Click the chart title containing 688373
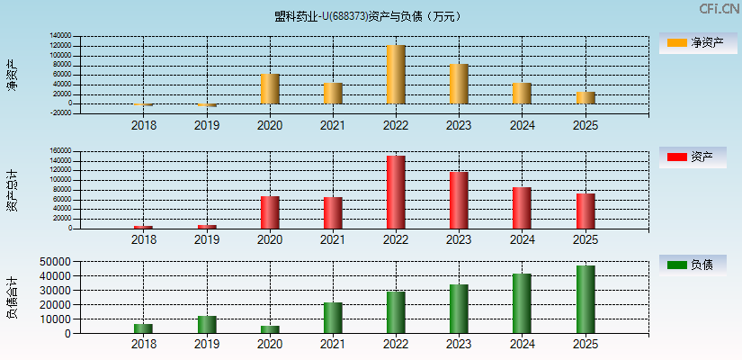pyautogui.click(x=370, y=16)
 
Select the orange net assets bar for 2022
pyautogui.click(x=396, y=75)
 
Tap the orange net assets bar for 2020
pyautogui.click(x=270, y=89)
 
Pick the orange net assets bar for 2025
pyautogui.click(x=586, y=97)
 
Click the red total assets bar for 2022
pyautogui.click(x=396, y=192)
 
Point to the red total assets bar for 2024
pyautogui.click(x=522, y=208)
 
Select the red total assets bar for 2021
pyautogui.click(x=333, y=212)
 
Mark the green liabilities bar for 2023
pyautogui.click(x=459, y=309)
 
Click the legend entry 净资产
pyautogui.click(x=692, y=43)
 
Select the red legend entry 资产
pyautogui.click(x=692, y=157)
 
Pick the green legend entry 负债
pyautogui.click(x=692, y=265)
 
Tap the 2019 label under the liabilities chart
pyautogui.click(x=207, y=344)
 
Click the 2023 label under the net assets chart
pyautogui.click(x=459, y=125)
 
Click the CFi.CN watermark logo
pyautogui.click(x=719, y=9)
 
